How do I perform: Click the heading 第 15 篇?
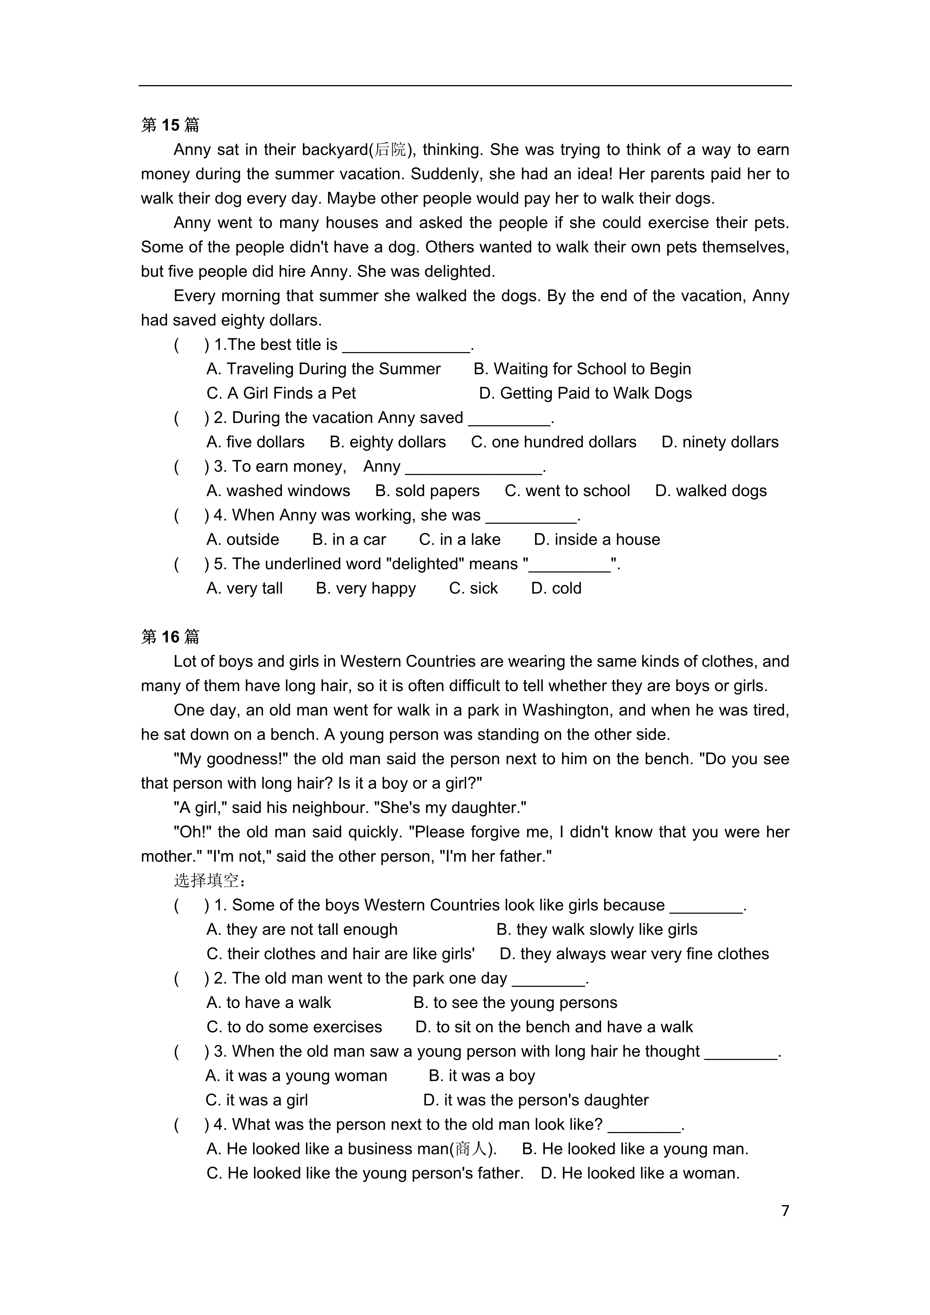(x=170, y=125)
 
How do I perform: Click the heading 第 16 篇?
(x=170, y=637)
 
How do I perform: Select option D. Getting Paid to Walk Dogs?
(x=585, y=393)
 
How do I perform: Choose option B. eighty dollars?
(x=388, y=442)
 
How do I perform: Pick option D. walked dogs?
(x=711, y=491)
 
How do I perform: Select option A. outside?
(x=243, y=540)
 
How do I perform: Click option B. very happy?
(x=366, y=588)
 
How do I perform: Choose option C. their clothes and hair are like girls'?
(x=341, y=954)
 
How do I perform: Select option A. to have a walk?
(x=268, y=1002)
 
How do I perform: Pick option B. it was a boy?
(x=481, y=1076)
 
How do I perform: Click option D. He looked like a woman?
(x=640, y=1173)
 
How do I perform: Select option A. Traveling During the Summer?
(x=324, y=369)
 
